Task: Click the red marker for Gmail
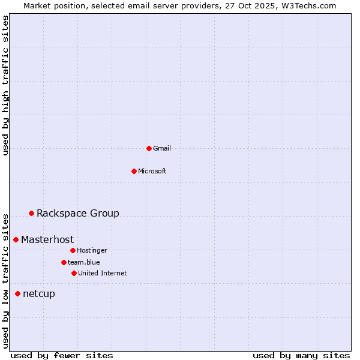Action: tap(149, 148)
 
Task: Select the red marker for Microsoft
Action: tap(134, 171)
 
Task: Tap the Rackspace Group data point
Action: tap(31, 213)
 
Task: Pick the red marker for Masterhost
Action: tap(16, 239)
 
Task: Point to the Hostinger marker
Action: tap(73, 250)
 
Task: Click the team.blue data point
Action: tap(64, 262)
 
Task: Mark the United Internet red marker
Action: tap(74, 273)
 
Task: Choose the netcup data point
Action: tap(17, 293)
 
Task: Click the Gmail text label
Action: tap(162, 148)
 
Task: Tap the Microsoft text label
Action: tap(152, 171)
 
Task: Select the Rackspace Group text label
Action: tap(78, 213)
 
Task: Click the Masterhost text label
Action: tap(47, 239)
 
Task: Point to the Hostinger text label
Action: tap(92, 250)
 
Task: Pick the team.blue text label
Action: tap(84, 262)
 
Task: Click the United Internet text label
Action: tap(103, 273)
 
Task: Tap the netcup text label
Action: tap(39, 293)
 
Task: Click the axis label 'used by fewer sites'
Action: tap(62, 355)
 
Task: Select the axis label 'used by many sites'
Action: tap(301, 355)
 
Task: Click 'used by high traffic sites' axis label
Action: tap(6, 85)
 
